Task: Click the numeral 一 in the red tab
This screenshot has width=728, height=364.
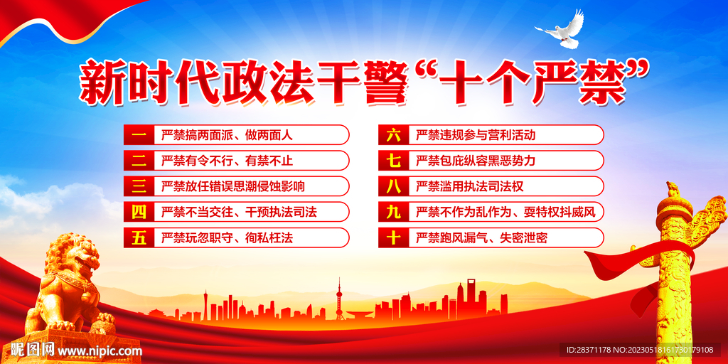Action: click(139, 135)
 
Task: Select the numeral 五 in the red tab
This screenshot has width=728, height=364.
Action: click(139, 238)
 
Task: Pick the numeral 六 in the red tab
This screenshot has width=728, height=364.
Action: click(393, 135)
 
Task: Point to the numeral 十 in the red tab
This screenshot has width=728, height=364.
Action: click(393, 238)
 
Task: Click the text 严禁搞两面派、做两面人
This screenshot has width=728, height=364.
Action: click(227, 135)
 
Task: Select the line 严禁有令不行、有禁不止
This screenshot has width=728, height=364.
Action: click(227, 161)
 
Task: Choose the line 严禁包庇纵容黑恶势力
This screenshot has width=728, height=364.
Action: click(476, 161)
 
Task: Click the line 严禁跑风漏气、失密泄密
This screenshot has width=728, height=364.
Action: click(481, 238)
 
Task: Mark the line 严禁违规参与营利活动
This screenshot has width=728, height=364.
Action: click(476, 135)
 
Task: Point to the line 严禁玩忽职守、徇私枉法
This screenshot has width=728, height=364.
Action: click(227, 238)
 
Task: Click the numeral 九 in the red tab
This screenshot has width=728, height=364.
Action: click(393, 213)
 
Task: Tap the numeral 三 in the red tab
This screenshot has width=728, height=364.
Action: click(139, 187)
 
